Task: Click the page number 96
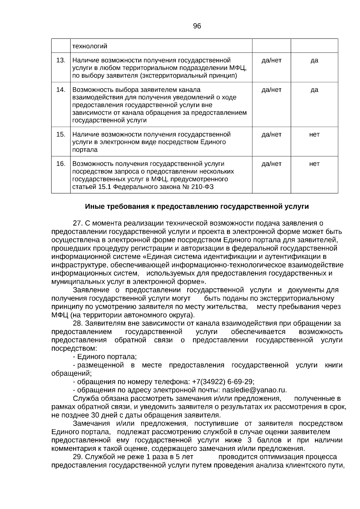[197, 26]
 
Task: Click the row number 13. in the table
[61, 60]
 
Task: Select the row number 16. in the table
[61, 164]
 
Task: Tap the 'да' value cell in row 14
[314, 90]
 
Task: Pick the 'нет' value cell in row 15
[314, 134]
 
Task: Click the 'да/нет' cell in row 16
[271, 164]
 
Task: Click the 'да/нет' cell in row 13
[271, 60]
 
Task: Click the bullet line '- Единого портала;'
[105, 357]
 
